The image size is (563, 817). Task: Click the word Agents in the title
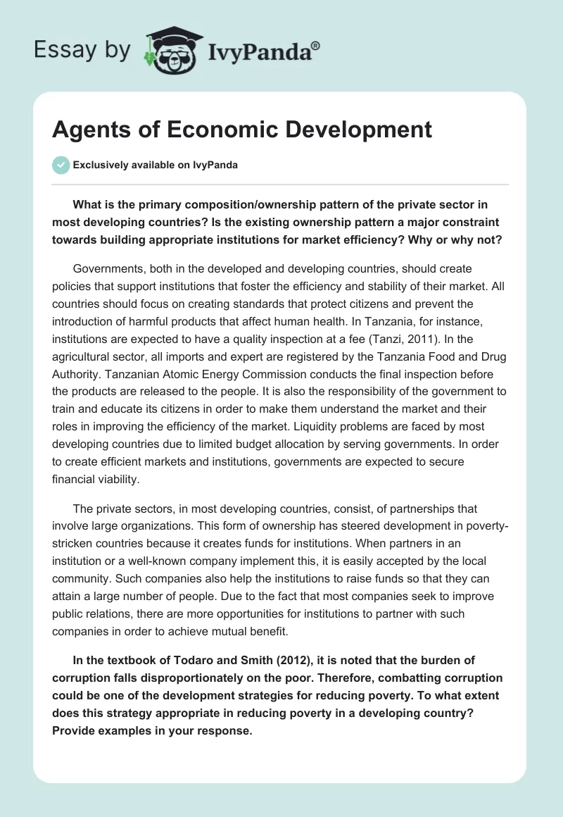89,130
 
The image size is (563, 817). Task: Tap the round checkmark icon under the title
61,165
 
